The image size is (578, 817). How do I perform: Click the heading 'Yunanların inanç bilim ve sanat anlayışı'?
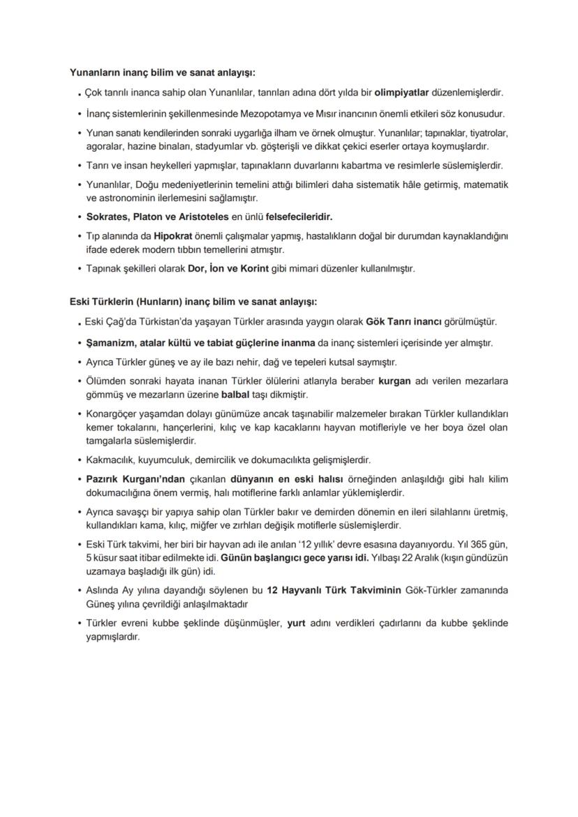pyautogui.click(x=162, y=72)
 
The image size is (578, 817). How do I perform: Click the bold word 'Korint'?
pyautogui.click(x=256, y=268)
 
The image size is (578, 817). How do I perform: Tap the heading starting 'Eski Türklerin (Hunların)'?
pyautogui.click(x=193, y=302)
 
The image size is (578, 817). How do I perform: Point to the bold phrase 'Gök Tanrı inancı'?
pyautogui.click(x=404, y=323)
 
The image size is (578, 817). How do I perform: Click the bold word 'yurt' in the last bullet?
pyautogui.click(x=297, y=624)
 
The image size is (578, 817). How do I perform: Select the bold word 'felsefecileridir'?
pyautogui.click(x=294, y=217)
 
